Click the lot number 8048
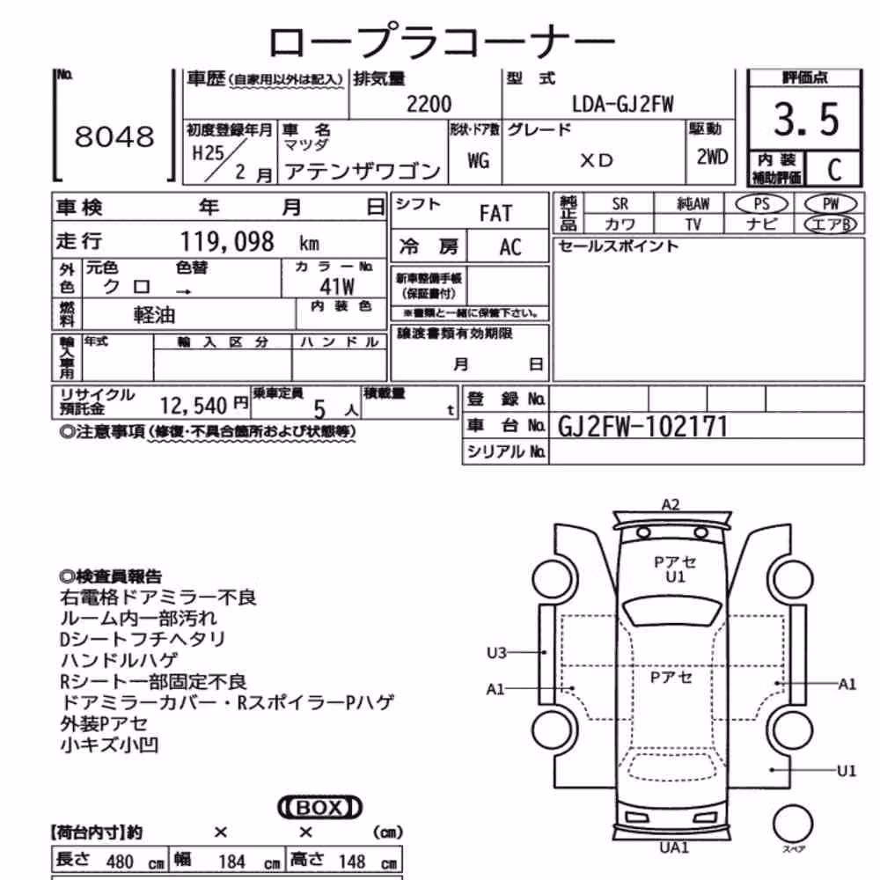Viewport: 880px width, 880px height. tap(114, 136)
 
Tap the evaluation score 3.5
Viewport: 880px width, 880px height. tap(806, 120)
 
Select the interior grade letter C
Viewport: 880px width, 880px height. tap(834, 169)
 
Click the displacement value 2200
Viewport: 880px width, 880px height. tap(429, 105)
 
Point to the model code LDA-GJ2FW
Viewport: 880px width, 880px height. tap(622, 105)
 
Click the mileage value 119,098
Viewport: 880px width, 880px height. tap(227, 242)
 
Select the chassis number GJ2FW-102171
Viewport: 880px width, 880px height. tap(642, 427)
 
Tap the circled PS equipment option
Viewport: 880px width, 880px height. tap(761, 204)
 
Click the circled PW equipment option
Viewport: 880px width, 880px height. tap(831, 204)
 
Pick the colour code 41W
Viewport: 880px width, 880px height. tap(337, 287)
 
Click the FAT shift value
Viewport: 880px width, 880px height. tap(495, 214)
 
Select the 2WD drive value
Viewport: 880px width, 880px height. tap(712, 158)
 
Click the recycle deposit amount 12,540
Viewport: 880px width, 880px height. tap(193, 405)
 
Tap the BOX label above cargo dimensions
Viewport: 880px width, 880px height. tap(319, 808)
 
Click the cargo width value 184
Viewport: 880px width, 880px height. tap(231, 862)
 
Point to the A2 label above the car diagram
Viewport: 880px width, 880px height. tap(671, 504)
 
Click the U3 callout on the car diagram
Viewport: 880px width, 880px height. tap(496, 653)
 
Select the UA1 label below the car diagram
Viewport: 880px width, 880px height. tap(673, 847)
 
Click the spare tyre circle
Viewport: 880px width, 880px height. tap(793, 824)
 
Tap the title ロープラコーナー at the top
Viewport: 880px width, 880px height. tap(442, 40)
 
